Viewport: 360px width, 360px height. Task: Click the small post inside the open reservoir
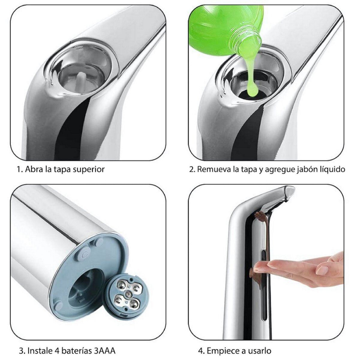pos(79,79)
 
